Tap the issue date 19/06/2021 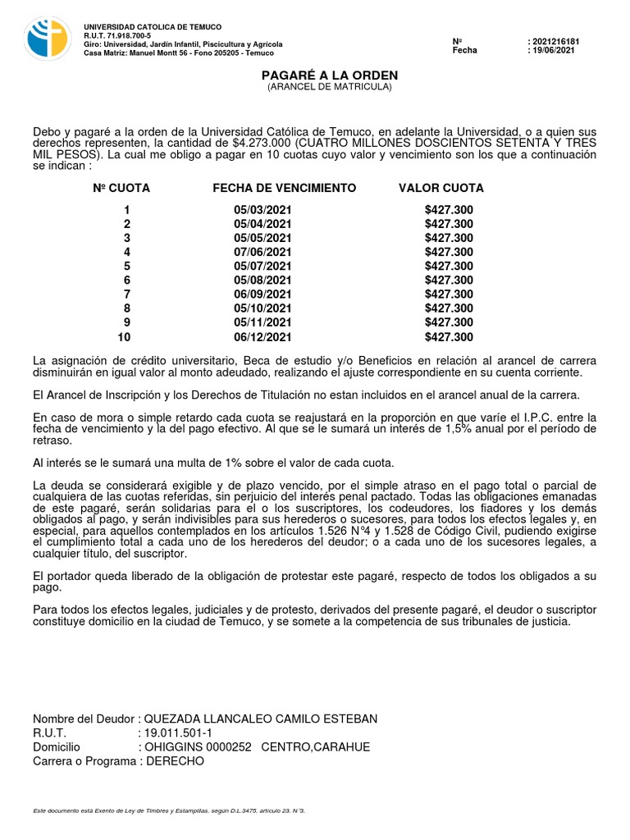[x=555, y=50]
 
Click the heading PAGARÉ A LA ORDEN [x=330, y=75]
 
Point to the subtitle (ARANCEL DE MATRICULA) [x=330, y=87]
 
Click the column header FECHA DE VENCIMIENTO [x=284, y=188]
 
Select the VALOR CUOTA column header [x=441, y=188]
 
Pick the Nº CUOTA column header [x=121, y=188]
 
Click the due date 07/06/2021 [x=262, y=252]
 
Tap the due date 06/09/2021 [x=262, y=294]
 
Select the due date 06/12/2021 [x=262, y=337]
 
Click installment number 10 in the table [x=124, y=337]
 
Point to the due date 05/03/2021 [x=262, y=210]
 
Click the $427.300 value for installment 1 [x=449, y=210]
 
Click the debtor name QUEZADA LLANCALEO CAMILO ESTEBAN [x=261, y=719]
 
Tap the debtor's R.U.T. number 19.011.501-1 [x=179, y=733]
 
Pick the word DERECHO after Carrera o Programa [x=174, y=760]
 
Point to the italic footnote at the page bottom [x=168, y=810]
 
